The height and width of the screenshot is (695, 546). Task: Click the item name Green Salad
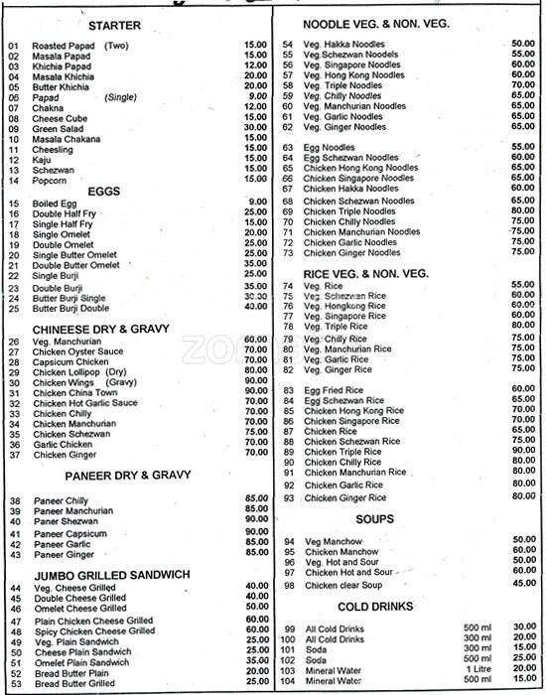[x=59, y=127]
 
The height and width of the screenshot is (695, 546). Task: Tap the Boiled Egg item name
[x=57, y=203]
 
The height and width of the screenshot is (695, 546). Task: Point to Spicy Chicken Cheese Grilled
[x=93, y=629]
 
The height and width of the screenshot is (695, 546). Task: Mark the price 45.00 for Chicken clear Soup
[x=523, y=585]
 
